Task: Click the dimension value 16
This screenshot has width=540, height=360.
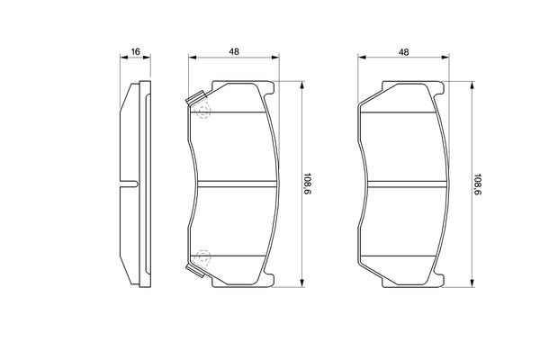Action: pyautogui.click(x=135, y=52)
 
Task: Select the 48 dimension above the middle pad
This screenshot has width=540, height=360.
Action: pyautogui.click(x=232, y=52)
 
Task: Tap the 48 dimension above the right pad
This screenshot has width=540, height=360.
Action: pyautogui.click(x=403, y=52)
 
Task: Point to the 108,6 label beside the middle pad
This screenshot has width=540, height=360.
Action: pyautogui.click(x=309, y=185)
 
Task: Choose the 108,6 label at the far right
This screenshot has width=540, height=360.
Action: pyautogui.click(x=478, y=185)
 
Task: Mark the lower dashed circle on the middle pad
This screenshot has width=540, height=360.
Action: pyautogui.click(x=202, y=256)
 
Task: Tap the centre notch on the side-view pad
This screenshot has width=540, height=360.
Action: pyautogui.click(x=129, y=185)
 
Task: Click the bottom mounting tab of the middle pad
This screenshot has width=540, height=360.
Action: pyautogui.click(x=238, y=283)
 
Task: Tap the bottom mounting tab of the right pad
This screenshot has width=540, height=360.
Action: pyautogui.click(x=409, y=283)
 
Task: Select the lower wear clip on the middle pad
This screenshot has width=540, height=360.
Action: pyautogui.click(x=193, y=269)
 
